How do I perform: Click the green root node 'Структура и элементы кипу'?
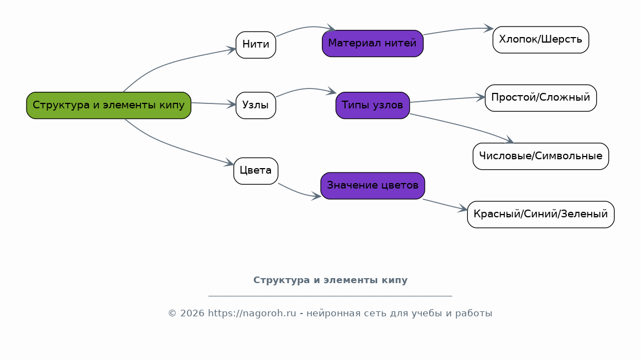coord(109,106)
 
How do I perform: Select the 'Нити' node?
coord(256,45)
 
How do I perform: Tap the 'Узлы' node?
coord(256,106)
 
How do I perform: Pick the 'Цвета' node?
coord(256,171)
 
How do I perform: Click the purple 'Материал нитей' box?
coord(373,43)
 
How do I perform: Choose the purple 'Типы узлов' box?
coord(373,106)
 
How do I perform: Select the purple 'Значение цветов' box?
coord(373,186)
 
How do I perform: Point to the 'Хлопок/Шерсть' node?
coord(541,40)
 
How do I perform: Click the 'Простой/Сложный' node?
coord(541,98)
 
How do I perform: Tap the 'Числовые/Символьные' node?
coord(541,156)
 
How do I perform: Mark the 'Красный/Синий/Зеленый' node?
coord(541,215)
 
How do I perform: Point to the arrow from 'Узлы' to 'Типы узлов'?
coord(306,88)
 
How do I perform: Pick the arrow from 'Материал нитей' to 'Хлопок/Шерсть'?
coord(458,30)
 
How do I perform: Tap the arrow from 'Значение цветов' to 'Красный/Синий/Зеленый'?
coord(445,205)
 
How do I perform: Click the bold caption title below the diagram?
coord(330,280)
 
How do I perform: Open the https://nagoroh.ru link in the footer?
coord(252,314)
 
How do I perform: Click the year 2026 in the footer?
coord(192,314)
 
